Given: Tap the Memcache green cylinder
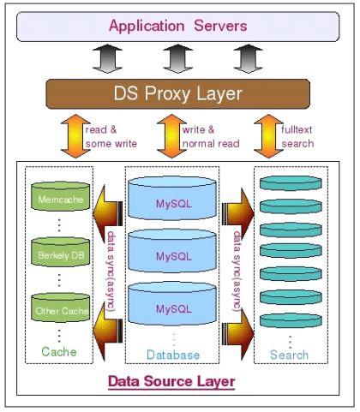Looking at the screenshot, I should click(x=59, y=199).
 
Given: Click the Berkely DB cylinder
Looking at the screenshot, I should click(x=59, y=254).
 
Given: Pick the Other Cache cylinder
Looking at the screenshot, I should click(x=59, y=308).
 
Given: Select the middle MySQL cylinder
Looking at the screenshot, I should click(x=174, y=255).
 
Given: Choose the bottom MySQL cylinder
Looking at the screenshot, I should click(x=174, y=307).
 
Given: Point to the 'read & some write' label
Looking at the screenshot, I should click(x=105, y=136).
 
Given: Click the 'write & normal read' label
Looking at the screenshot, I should click(x=209, y=136).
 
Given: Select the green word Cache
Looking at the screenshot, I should click(x=59, y=351).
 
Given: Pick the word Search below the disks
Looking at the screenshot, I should click(x=289, y=354).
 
